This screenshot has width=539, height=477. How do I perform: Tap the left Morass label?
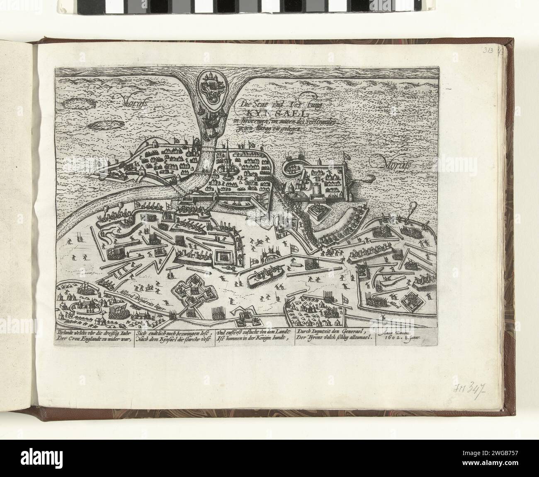click(122, 99)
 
